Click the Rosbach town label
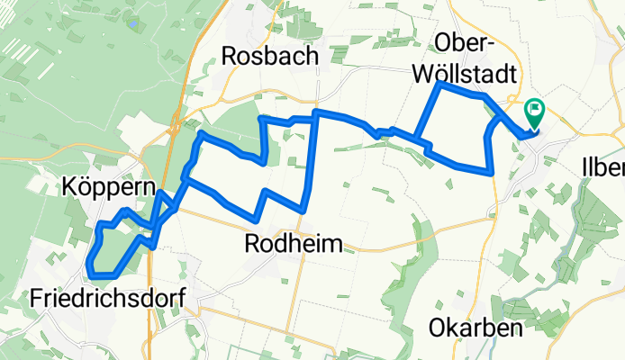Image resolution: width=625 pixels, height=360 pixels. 270,56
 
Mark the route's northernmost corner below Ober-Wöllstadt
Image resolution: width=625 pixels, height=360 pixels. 439,84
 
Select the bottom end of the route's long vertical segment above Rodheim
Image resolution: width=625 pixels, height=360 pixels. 303,210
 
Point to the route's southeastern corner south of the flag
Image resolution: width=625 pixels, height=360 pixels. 492,171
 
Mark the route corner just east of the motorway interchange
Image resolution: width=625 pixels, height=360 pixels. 200,134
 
